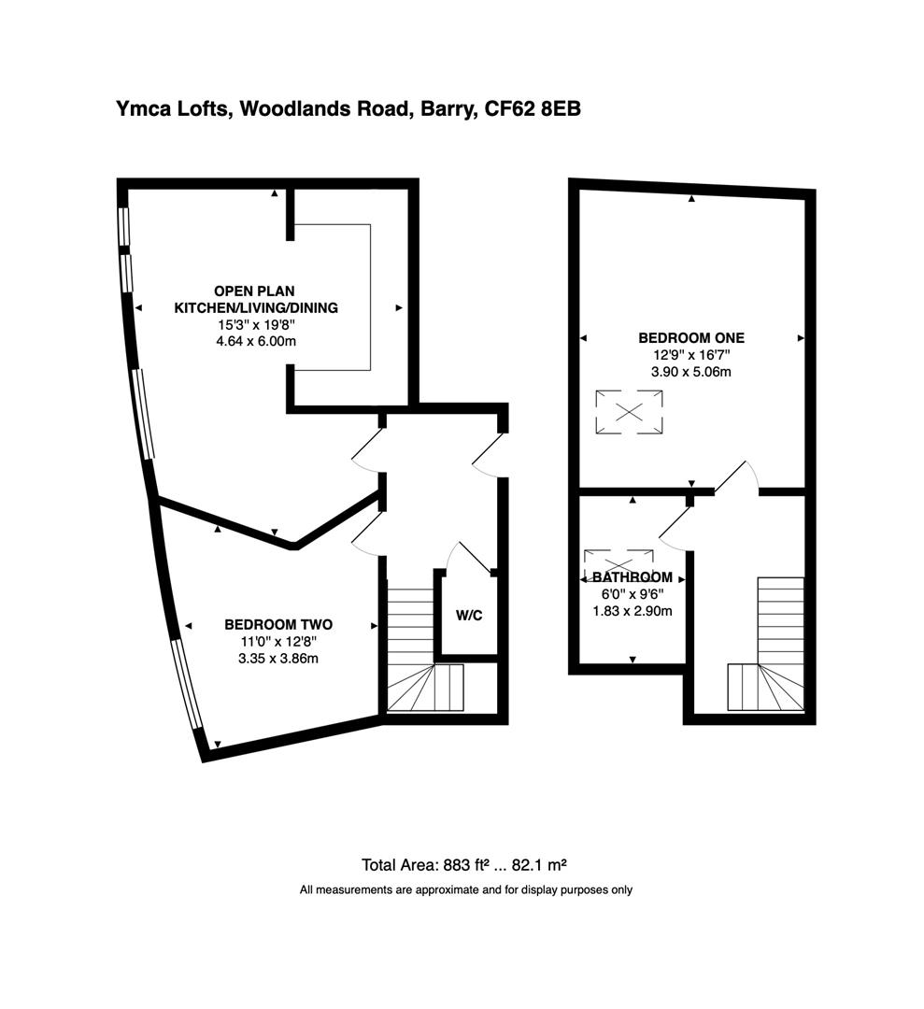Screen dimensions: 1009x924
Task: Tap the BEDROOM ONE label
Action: [690, 337]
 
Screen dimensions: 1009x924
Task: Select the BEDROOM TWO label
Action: [278, 624]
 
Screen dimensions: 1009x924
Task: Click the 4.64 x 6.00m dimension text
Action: [256, 341]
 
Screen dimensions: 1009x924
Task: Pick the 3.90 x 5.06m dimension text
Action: [690, 371]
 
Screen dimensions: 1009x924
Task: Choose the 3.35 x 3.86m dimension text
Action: [278, 658]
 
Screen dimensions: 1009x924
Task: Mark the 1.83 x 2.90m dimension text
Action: [633, 611]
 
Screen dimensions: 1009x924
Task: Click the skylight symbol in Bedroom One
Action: [631, 412]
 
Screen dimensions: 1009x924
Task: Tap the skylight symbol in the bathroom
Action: [618, 561]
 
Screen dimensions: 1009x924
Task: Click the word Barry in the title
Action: [444, 109]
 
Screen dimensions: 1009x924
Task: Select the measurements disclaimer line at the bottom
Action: [465, 889]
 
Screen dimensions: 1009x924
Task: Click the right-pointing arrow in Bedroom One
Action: [801, 337]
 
